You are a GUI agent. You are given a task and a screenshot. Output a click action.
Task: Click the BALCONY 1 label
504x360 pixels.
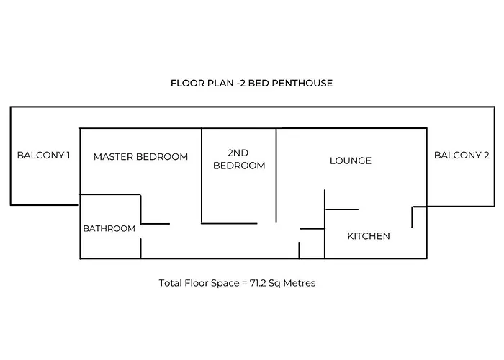43,155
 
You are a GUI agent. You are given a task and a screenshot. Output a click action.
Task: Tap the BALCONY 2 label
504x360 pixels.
462,155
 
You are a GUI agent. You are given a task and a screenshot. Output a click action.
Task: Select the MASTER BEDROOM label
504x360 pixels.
140,156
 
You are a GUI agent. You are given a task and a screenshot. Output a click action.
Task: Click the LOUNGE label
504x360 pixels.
351,161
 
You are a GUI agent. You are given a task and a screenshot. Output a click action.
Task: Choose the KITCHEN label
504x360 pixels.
369,235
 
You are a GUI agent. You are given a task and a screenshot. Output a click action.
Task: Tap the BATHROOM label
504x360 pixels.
109,228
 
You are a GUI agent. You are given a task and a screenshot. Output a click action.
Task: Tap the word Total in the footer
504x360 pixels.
171,283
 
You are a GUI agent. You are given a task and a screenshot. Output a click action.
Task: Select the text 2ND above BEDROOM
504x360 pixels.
238,153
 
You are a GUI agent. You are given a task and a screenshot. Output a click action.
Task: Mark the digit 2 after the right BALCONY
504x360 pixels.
486,155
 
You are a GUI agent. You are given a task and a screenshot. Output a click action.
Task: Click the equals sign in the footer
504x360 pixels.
243,283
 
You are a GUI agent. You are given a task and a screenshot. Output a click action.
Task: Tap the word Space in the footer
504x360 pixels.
224,283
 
